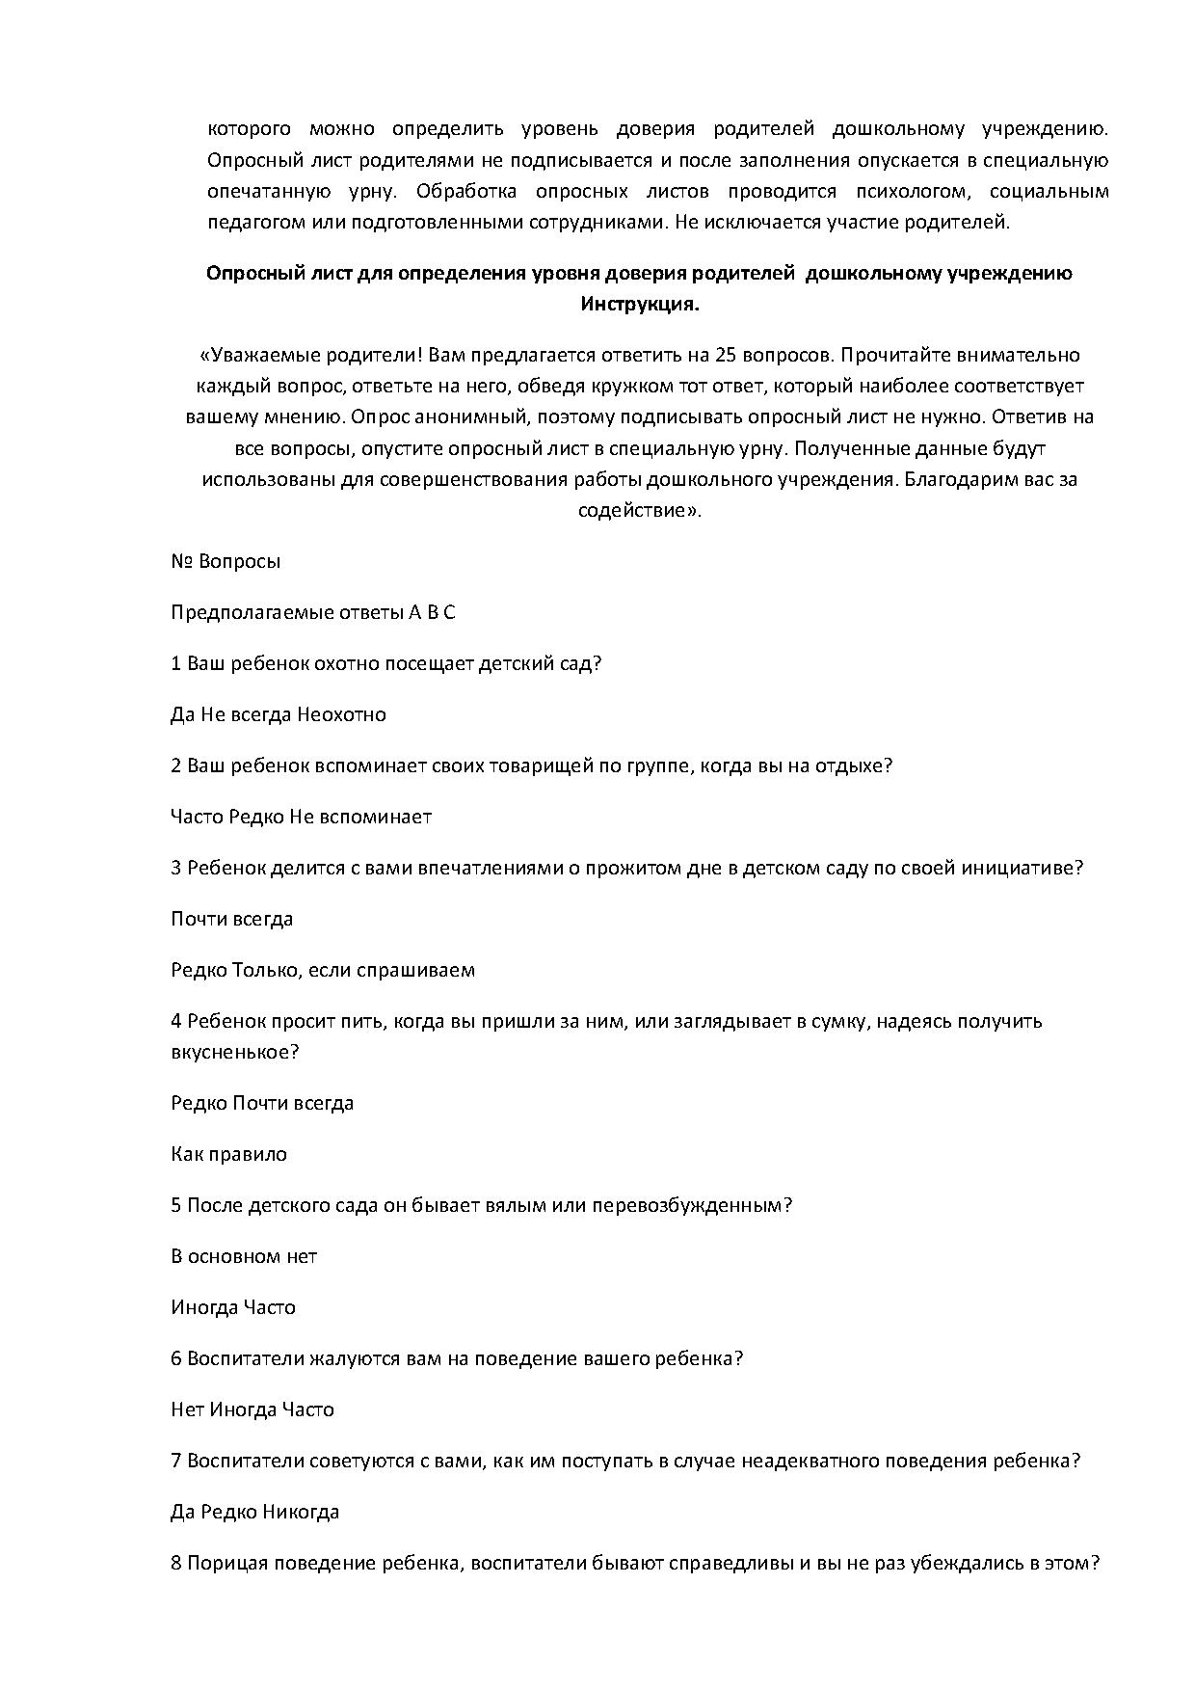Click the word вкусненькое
tap(234, 1052)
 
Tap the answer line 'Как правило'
tap(228, 1154)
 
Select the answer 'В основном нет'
tap(244, 1256)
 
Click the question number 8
tap(176, 1563)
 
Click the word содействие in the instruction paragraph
tap(637, 510)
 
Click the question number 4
tap(176, 1021)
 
